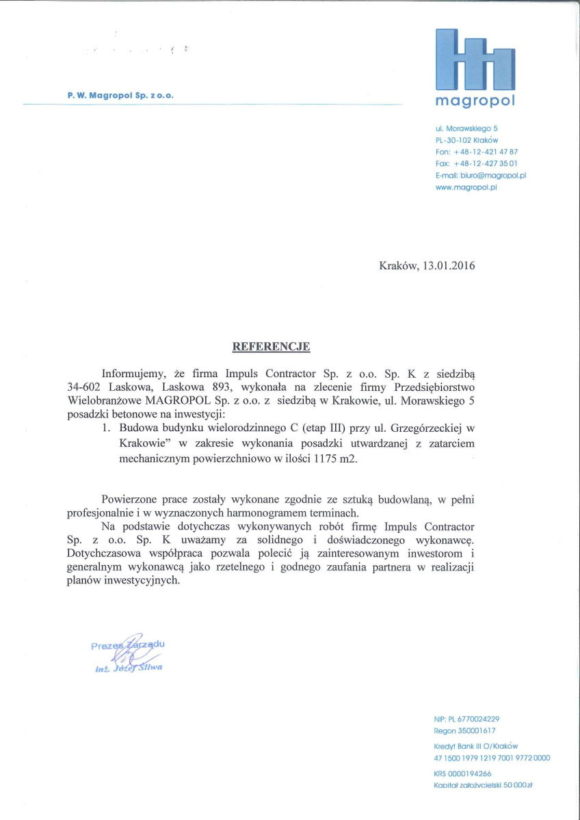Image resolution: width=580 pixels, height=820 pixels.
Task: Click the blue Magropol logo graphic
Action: tap(475, 59)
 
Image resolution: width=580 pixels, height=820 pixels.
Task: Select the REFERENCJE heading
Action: tap(272, 346)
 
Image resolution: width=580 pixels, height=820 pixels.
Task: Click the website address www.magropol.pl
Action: tap(465, 187)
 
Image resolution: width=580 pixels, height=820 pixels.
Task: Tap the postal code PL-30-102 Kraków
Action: tap(466, 140)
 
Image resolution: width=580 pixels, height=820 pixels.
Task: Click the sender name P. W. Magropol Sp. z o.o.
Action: tap(120, 96)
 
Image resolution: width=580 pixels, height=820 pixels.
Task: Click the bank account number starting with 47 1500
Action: tap(492, 758)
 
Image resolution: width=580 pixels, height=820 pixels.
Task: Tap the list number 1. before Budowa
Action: tap(107, 428)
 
